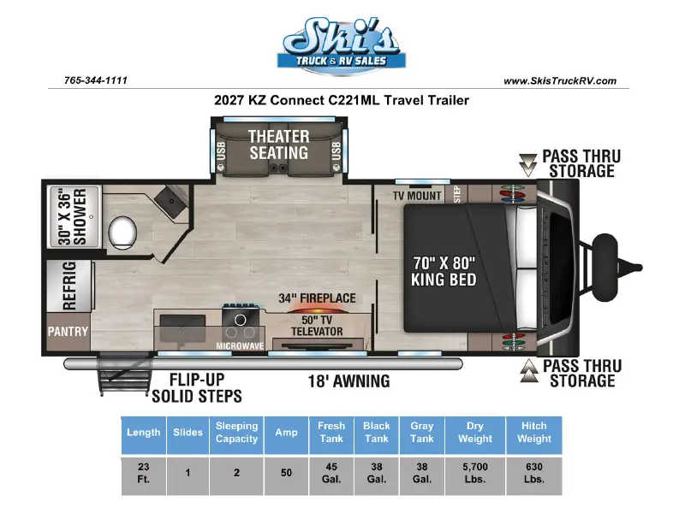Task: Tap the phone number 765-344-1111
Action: point(96,80)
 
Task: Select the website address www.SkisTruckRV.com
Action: point(560,80)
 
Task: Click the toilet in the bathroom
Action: point(122,231)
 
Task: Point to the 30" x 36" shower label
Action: point(73,216)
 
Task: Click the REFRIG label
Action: point(69,286)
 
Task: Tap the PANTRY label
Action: point(68,332)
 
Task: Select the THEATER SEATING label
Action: point(279,144)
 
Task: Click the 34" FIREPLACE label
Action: point(317,298)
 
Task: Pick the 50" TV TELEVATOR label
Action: point(317,326)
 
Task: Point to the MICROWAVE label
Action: point(240,346)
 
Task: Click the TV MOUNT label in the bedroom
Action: point(417,196)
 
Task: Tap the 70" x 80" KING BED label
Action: point(444,271)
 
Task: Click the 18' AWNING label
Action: point(349,381)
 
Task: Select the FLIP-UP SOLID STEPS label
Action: point(197,388)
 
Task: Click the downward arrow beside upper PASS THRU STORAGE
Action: point(527,165)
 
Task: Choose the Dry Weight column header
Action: point(475,433)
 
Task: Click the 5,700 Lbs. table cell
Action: point(475,473)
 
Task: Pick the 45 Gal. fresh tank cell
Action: point(331,473)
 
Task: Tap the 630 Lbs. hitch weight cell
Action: point(533,473)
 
